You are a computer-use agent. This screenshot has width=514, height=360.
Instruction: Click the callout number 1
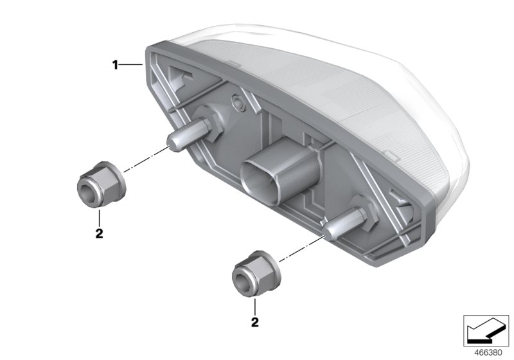(115, 65)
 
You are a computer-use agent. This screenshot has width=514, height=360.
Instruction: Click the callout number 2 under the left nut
(99, 233)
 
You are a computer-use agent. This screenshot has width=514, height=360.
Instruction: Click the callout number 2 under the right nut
(254, 322)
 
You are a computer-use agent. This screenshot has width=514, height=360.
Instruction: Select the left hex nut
(102, 184)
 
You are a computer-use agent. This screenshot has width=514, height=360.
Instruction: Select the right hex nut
(256, 273)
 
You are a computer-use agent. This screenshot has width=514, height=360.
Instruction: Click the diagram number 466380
(488, 353)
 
